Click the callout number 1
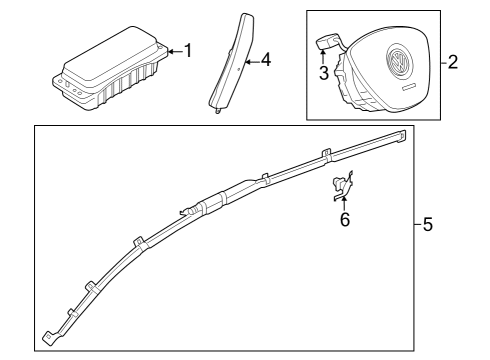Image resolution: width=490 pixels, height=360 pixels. pyautogui.click(x=188, y=51)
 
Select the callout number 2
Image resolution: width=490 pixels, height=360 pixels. pyautogui.click(x=453, y=62)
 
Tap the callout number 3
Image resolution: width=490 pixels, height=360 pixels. pyautogui.click(x=324, y=73)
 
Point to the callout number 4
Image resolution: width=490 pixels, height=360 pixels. pyautogui.click(x=266, y=60)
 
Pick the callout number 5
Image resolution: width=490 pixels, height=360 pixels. pyautogui.click(x=428, y=224)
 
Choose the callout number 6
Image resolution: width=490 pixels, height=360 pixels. pyautogui.click(x=345, y=220)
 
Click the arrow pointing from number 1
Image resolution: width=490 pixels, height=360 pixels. pyautogui.click(x=175, y=51)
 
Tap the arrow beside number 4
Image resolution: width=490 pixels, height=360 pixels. pyautogui.click(x=252, y=62)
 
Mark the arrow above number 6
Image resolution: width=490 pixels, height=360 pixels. pyautogui.click(x=344, y=203)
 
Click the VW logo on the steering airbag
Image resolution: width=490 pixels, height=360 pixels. pyautogui.click(x=399, y=62)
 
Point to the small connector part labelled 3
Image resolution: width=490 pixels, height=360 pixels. pyautogui.click(x=328, y=42)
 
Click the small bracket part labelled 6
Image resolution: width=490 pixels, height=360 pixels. pyautogui.click(x=343, y=186)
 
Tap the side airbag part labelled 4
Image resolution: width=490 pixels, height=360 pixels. pyautogui.click(x=232, y=62)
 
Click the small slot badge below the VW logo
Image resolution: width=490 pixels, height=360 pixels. pyautogui.click(x=409, y=87)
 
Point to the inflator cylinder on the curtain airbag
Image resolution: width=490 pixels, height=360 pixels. pyautogui.click(x=211, y=204)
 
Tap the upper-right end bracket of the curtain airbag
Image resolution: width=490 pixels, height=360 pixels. pyautogui.click(x=401, y=136)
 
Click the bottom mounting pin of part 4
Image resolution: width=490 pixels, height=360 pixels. pyautogui.click(x=217, y=111)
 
